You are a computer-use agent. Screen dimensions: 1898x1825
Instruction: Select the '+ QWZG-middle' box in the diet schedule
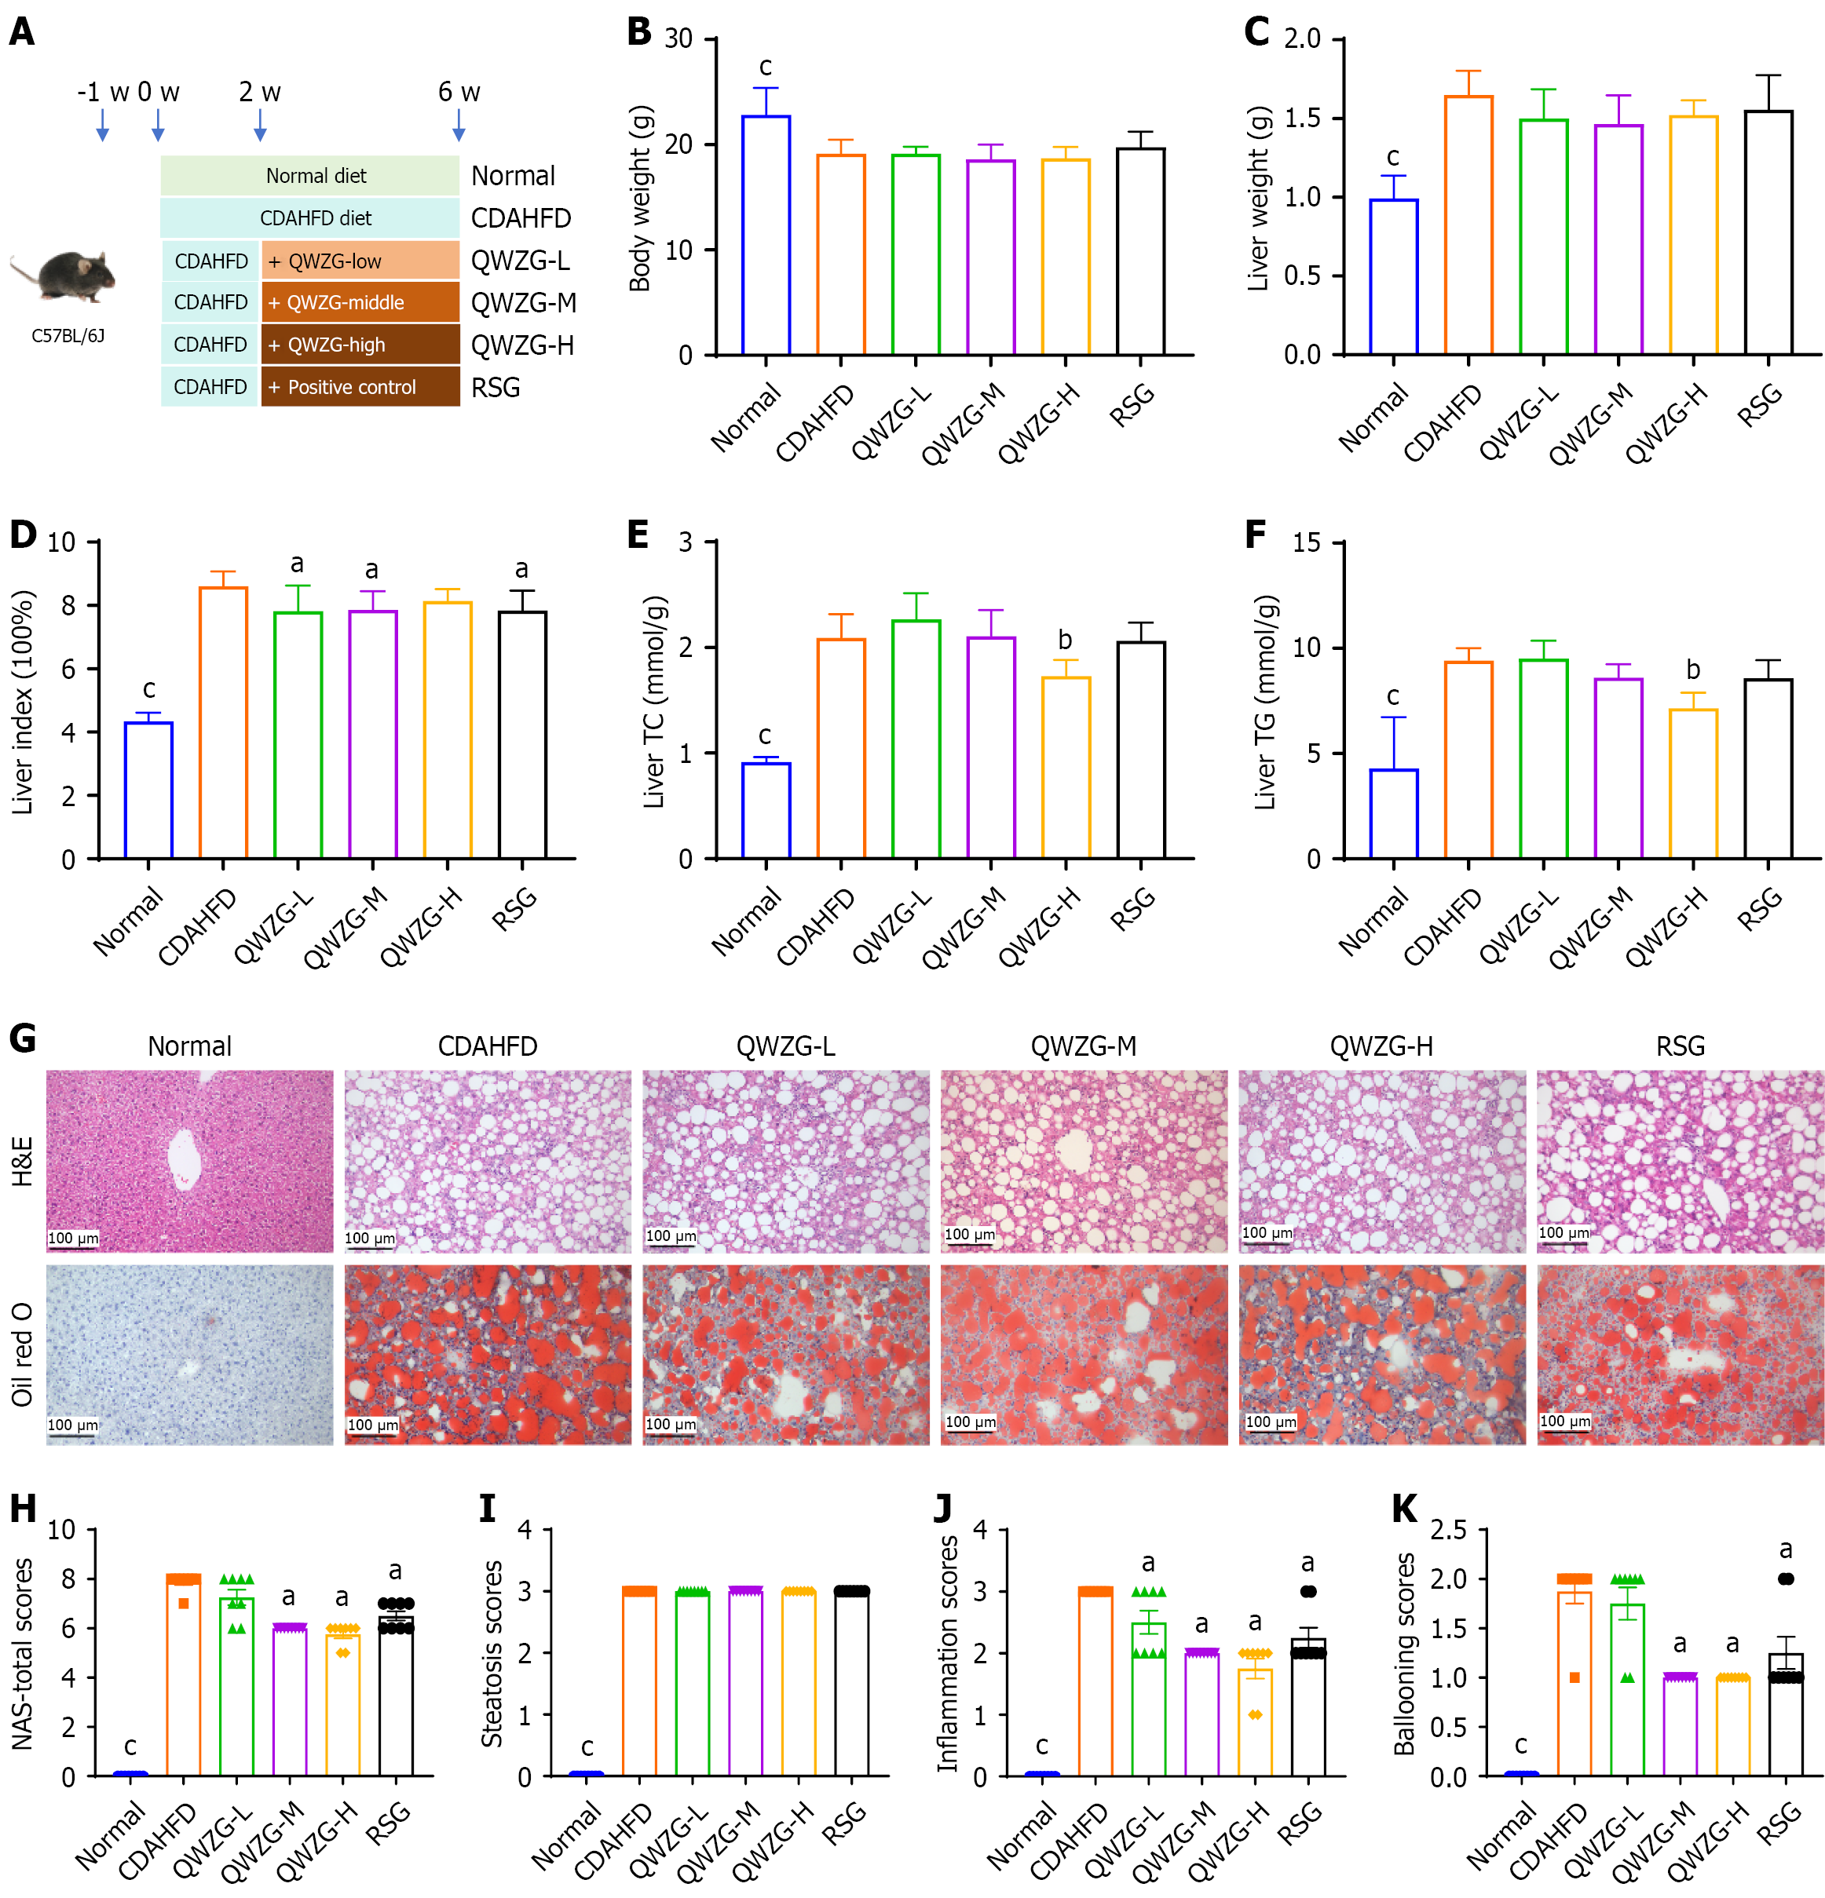pyautogui.click(x=360, y=302)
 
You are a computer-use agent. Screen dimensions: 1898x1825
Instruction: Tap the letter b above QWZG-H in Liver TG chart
pyautogui.click(x=1692, y=669)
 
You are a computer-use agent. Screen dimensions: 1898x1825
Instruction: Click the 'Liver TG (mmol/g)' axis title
pyautogui.click(x=1265, y=702)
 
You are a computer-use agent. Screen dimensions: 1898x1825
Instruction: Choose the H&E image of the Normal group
pyautogui.click(x=190, y=1160)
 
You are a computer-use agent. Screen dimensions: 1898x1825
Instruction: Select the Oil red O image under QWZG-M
pyautogui.click(x=1083, y=1354)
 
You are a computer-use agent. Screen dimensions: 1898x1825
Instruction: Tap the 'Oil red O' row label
pyautogui.click(x=22, y=1354)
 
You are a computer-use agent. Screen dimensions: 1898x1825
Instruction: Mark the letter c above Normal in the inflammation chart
pyautogui.click(x=1041, y=1745)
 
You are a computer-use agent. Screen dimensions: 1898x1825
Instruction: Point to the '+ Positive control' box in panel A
pyautogui.click(x=360, y=386)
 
